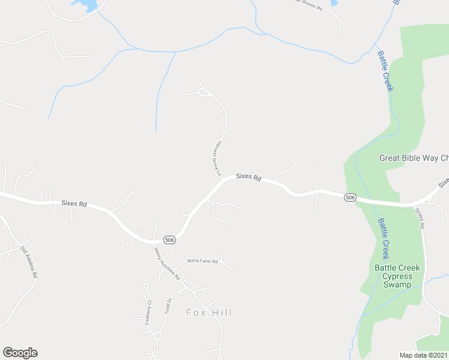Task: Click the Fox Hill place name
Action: coord(209,313)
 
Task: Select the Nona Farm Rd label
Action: coord(202,262)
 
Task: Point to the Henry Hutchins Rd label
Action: coord(167,265)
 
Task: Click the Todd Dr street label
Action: coord(168,306)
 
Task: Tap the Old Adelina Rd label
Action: coord(29,262)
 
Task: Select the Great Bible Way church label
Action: coord(414,158)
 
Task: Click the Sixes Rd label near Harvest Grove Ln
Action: coord(249,177)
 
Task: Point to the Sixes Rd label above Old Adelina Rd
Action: coord(74,204)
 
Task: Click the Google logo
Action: coord(20,353)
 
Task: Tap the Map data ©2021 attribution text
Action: coord(424,355)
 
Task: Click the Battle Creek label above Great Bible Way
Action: coord(385,71)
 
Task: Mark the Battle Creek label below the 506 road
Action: coord(384,238)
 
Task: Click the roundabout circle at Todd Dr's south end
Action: coord(157,336)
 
